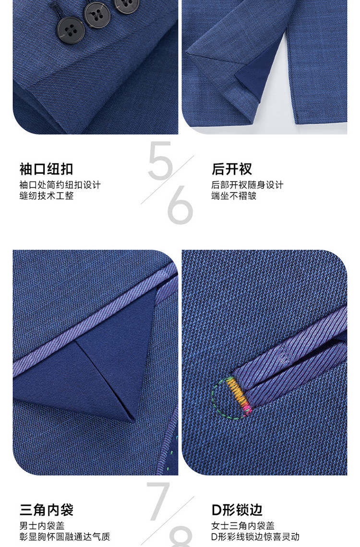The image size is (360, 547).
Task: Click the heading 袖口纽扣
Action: coord(46,169)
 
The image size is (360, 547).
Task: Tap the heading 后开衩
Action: coord(232,169)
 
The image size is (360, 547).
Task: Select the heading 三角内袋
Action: coord(46,510)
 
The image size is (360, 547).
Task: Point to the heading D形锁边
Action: coord(237,510)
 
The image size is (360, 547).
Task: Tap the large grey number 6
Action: coord(180,206)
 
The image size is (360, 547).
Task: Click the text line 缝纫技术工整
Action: coord(47,196)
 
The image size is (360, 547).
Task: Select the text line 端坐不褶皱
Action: coord(234,196)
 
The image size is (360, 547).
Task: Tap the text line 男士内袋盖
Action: coord(42,526)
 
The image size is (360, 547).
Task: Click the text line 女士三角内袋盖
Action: coord(243,526)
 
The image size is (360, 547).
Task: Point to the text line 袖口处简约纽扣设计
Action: coord(60,185)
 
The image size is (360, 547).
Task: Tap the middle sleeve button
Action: coord(98,15)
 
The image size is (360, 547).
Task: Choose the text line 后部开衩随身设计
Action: coord(247,185)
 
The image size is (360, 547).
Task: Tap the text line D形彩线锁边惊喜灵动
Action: coord(255,536)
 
